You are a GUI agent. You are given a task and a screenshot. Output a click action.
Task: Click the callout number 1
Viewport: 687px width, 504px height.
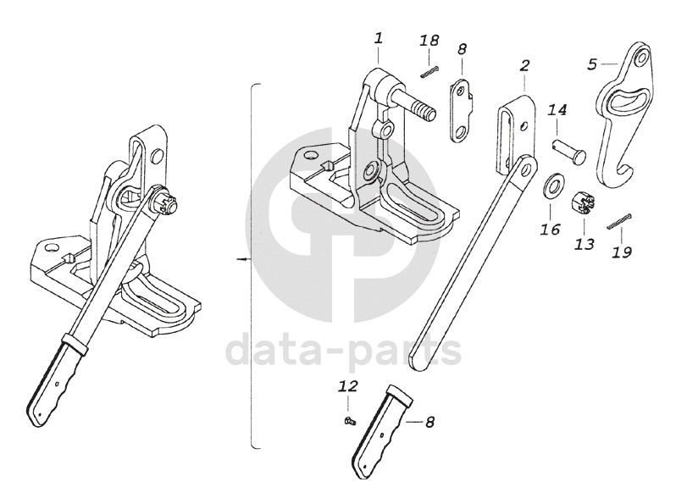pos(378,38)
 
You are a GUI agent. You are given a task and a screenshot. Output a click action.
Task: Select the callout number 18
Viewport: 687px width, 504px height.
pos(429,41)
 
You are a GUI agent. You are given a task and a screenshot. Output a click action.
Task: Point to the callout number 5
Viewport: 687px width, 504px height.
pos(592,63)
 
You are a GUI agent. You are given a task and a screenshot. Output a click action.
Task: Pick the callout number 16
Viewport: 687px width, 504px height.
pos(550,229)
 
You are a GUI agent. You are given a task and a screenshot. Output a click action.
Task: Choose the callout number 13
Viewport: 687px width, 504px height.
pos(585,244)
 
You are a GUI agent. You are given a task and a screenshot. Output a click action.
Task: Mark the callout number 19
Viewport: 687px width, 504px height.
pos(621,252)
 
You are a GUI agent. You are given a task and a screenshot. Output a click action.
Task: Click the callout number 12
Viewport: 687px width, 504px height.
pos(348,386)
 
